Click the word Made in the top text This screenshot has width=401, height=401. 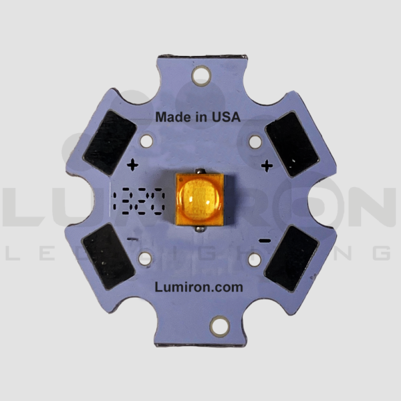point(170,116)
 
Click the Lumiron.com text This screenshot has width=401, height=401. point(198,286)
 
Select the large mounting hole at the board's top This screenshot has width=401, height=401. point(200,76)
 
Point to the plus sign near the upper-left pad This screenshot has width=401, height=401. point(132,164)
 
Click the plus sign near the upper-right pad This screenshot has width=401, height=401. point(267,164)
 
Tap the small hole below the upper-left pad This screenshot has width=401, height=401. point(147,142)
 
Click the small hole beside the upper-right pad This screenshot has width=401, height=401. point(255,142)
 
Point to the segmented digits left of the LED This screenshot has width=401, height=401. point(138,200)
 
